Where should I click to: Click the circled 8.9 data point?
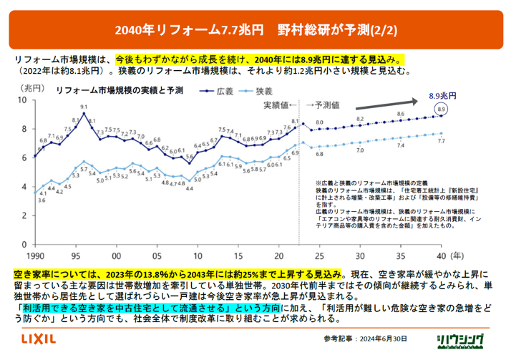(x=441, y=109)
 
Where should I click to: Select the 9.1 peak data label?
(x=84, y=107)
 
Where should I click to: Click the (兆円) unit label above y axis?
(x=31, y=87)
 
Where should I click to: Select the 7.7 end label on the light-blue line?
(x=441, y=142)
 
